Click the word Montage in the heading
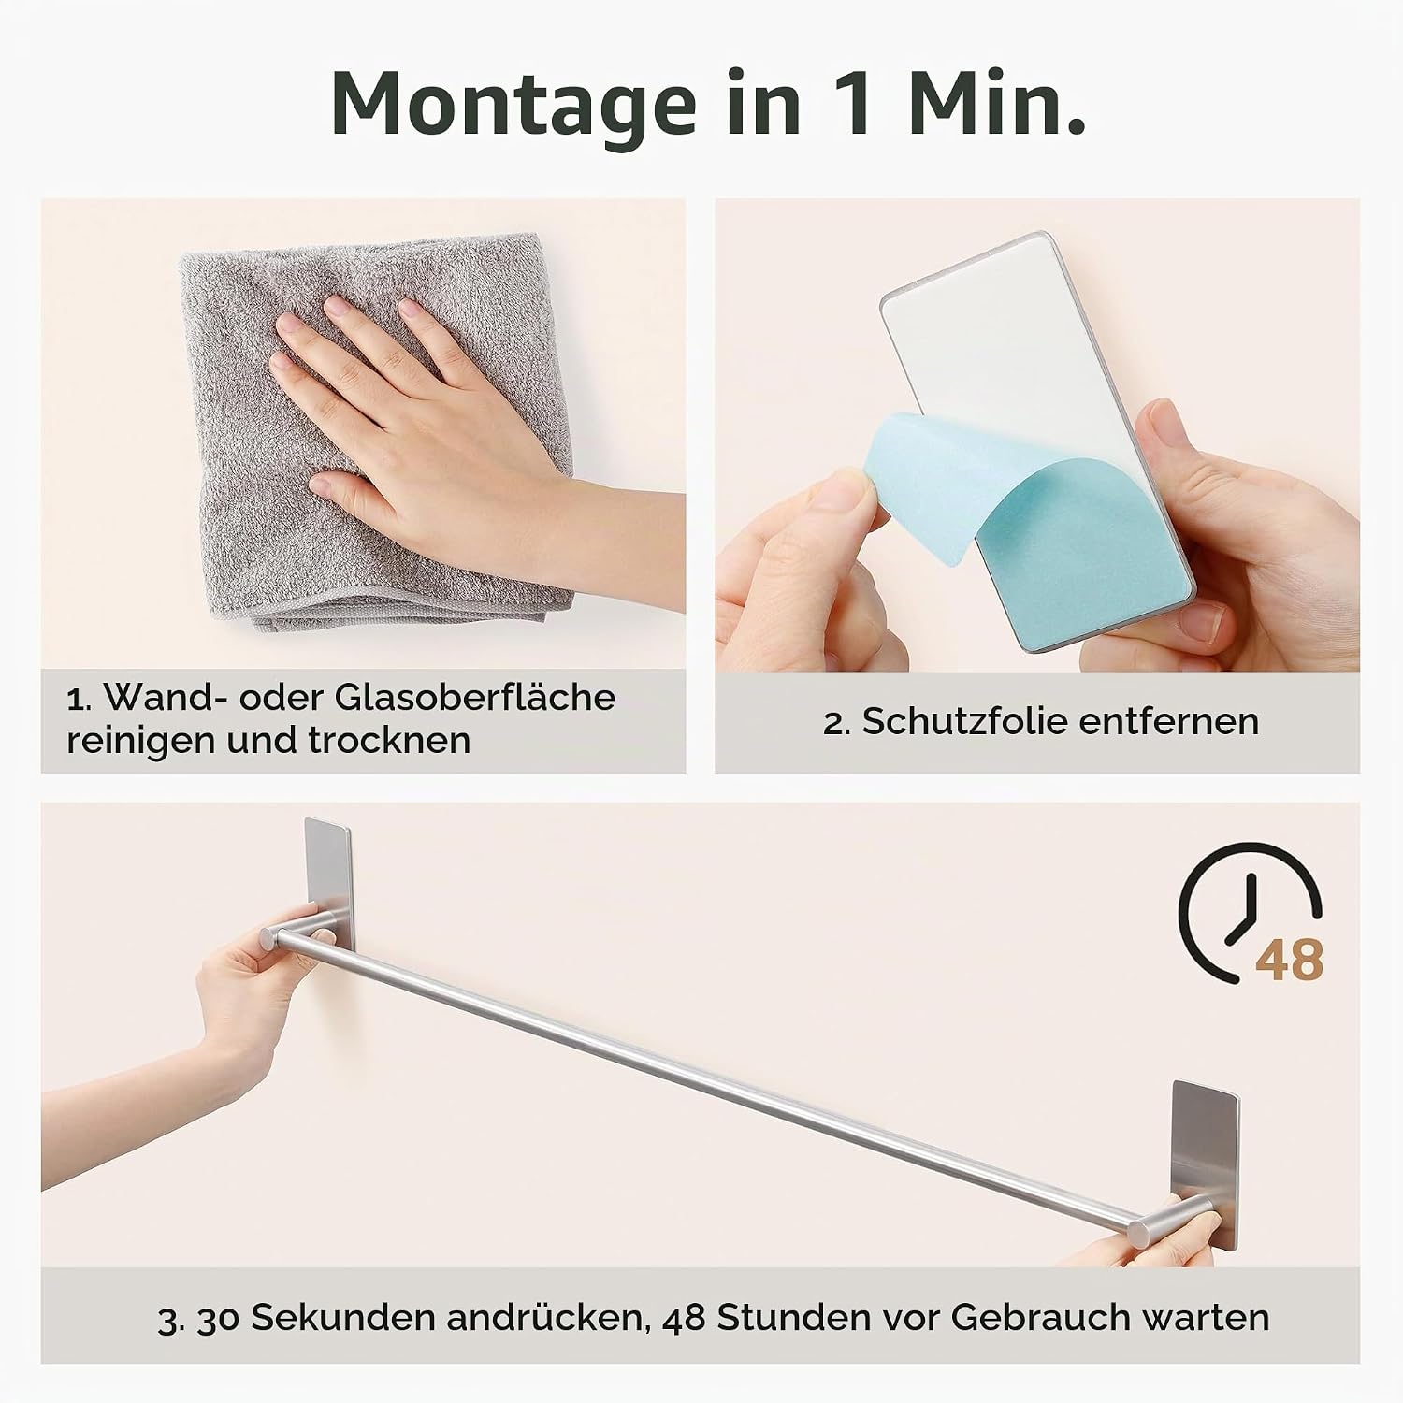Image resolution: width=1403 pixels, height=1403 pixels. click(x=513, y=105)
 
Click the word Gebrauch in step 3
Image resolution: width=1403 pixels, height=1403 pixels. click(x=1042, y=1318)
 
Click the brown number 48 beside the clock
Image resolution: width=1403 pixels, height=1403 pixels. click(x=1289, y=960)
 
